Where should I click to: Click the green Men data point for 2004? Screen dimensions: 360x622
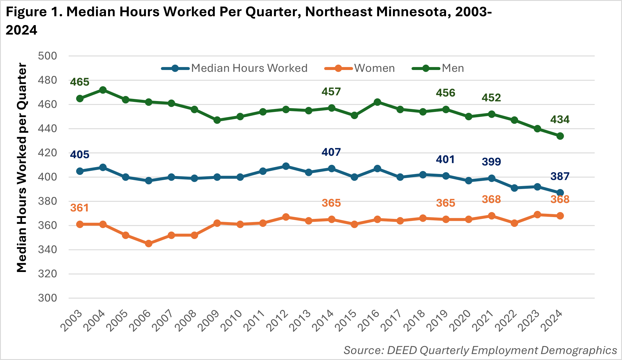coord(103,90)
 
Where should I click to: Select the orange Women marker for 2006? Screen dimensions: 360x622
coord(148,244)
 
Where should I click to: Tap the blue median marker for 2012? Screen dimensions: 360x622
coord(286,166)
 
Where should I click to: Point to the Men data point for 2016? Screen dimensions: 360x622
coord(377,102)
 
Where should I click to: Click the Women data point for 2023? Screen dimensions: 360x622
coord(537,215)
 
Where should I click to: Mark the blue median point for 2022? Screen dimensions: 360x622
coord(515,188)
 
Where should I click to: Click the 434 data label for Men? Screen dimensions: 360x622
coord(560,120)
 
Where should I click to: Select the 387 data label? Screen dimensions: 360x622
coord(560,176)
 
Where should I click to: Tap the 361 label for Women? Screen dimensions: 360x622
coord(79,208)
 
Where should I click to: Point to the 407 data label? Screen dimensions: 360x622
coord(331,152)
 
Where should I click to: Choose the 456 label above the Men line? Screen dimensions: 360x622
coord(445,93)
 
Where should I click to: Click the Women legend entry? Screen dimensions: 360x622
coord(374,68)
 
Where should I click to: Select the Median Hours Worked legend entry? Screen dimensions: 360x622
coord(249,68)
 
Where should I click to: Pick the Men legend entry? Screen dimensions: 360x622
coord(453,68)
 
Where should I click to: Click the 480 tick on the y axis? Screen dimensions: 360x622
coord(47,80)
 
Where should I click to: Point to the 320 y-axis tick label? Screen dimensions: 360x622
coord(47,274)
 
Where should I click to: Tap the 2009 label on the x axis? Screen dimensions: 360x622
coord(209,321)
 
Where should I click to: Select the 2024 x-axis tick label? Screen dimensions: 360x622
coord(552,321)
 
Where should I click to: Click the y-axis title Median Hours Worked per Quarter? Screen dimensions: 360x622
coord(22,167)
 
